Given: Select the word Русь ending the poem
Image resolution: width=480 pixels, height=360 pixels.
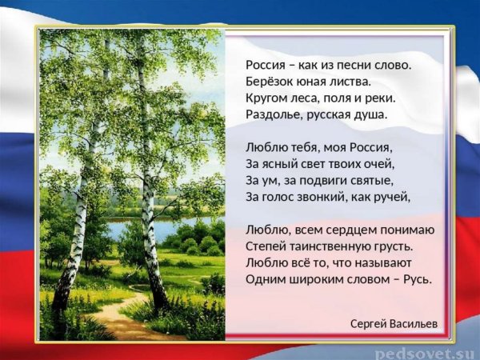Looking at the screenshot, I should [414, 279].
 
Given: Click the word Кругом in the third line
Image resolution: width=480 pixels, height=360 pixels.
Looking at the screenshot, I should [267, 98].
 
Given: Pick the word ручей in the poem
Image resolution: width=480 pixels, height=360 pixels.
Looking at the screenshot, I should [393, 196].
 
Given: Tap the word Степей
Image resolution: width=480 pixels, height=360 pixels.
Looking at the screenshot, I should [266, 246].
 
